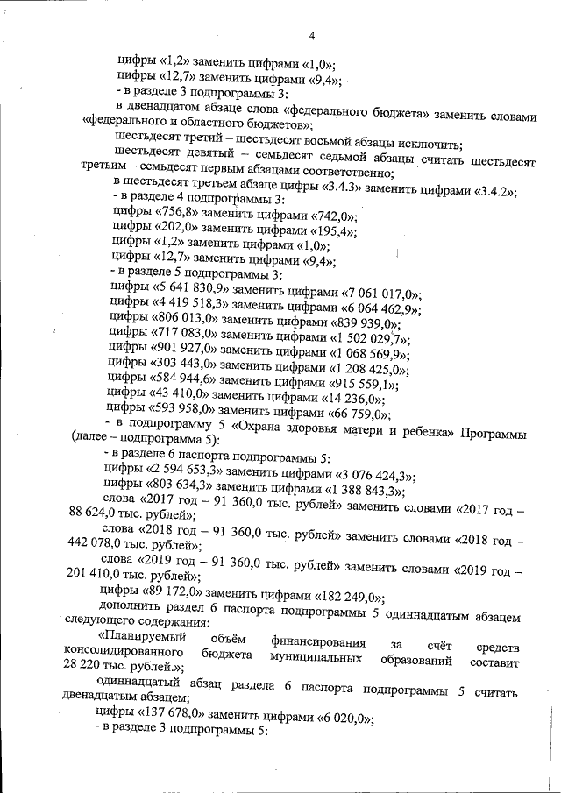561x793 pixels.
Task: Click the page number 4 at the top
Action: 311,36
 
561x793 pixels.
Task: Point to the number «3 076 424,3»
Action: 372,476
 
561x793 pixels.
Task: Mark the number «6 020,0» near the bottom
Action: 341,717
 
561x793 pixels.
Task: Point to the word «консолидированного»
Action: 124,655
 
